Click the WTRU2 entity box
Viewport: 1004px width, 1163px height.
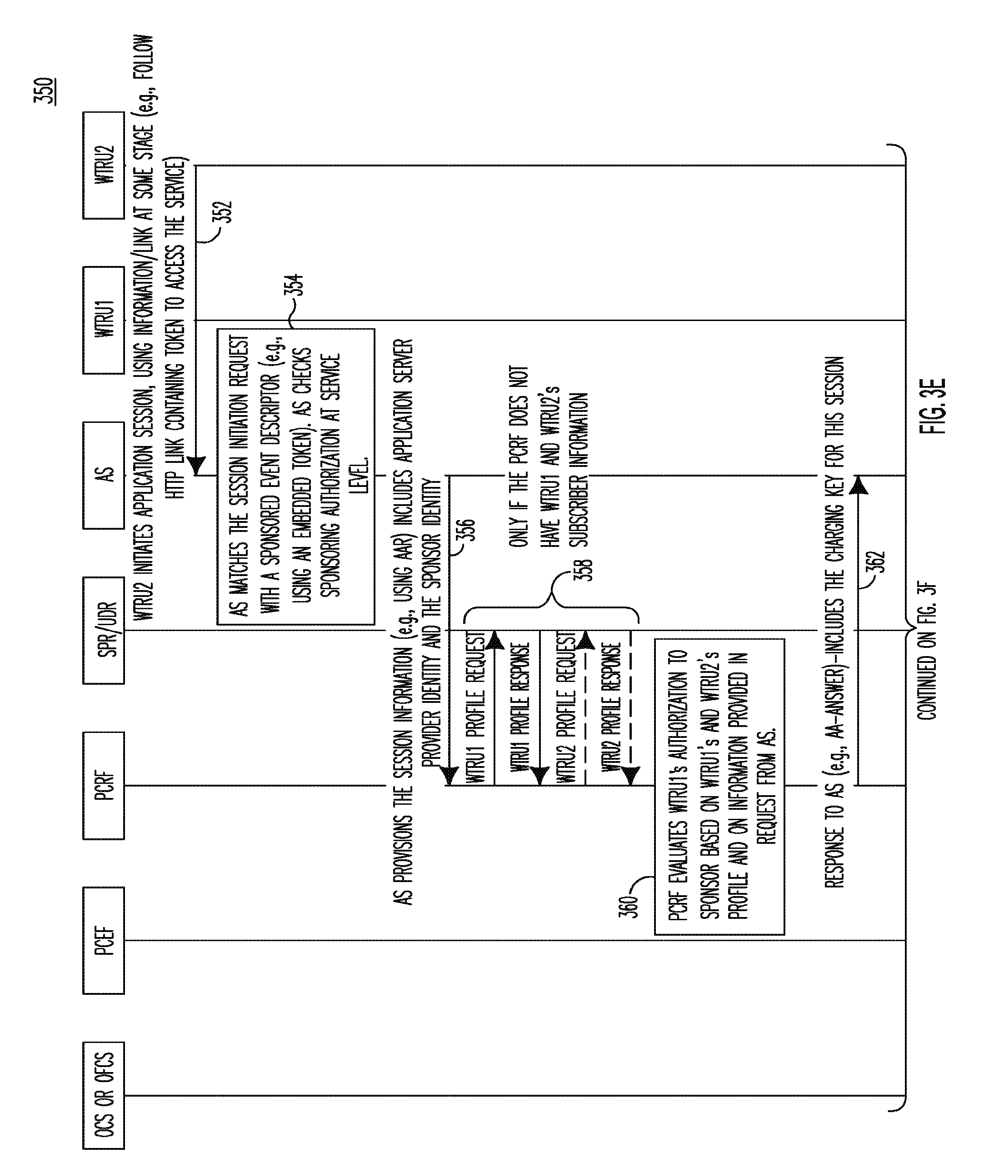pos(103,165)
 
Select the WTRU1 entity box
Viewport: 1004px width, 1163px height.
pos(103,320)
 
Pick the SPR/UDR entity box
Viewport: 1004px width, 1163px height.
pos(103,630)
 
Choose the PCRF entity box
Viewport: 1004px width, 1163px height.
pos(103,785)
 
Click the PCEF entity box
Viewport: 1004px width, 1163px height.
pos(103,940)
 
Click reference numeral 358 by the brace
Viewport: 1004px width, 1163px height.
pos(585,570)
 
